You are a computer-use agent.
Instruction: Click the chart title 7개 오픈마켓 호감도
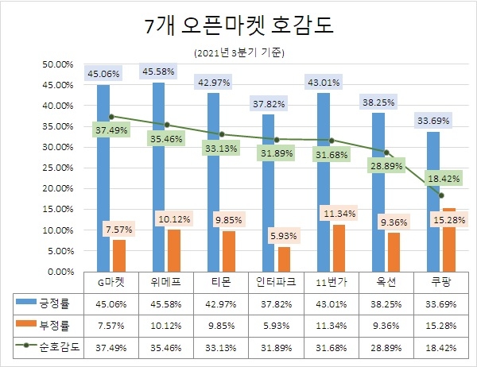[239, 25]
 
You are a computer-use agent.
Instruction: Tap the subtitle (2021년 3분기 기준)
[238, 53]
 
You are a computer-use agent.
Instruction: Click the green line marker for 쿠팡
[441, 195]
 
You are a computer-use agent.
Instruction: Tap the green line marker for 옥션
[386, 152]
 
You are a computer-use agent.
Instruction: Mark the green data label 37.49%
[111, 130]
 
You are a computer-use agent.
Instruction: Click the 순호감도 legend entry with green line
[49, 346]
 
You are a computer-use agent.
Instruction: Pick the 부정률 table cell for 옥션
[386, 324]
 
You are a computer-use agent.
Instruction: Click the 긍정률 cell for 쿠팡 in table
[441, 303]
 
